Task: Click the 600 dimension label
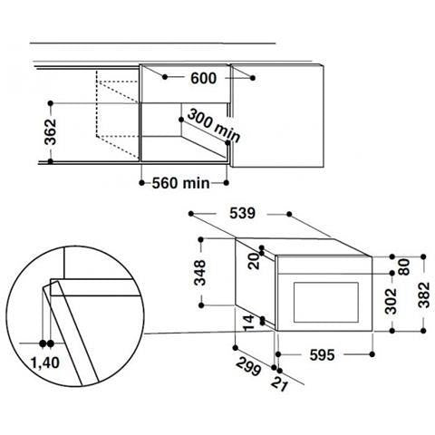(x=204, y=78)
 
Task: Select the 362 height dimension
(x=51, y=132)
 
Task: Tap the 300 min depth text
(x=214, y=125)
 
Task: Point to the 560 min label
(x=180, y=183)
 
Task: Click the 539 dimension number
(x=242, y=213)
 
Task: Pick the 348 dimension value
(x=200, y=273)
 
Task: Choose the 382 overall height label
(x=424, y=295)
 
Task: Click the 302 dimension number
(x=391, y=301)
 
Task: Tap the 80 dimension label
(x=405, y=267)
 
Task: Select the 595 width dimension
(x=322, y=355)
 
